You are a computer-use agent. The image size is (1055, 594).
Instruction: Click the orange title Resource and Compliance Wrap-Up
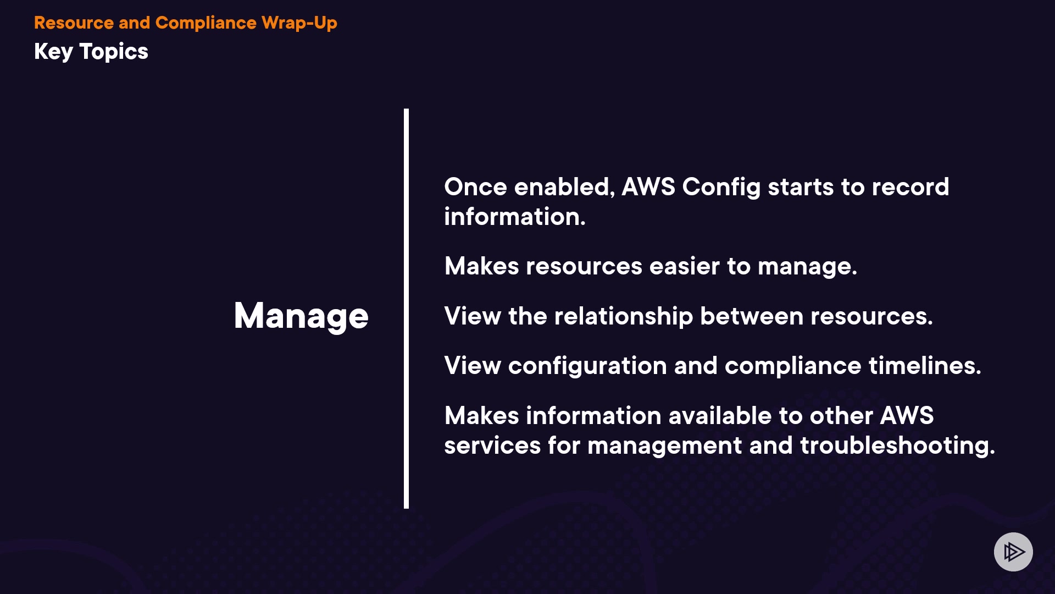click(x=186, y=23)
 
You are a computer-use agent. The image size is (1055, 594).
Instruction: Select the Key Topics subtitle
click(x=91, y=52)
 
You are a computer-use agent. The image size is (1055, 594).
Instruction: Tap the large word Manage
click(x=301, y=317)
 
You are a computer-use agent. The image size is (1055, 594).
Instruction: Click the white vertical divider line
click(x=406, y=309)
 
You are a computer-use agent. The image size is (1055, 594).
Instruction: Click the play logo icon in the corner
click(x=1013, y=552)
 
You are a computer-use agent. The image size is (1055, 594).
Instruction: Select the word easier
click(x=685, y=267)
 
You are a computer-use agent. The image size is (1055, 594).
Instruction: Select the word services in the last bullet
click(x=492, y=446)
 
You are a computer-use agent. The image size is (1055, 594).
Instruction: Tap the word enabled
click(x=564, y=188)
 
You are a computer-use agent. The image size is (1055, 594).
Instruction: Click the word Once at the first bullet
click(x=476, y=188)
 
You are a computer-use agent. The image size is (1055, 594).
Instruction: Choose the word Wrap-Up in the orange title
click(x=299, y=23)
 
